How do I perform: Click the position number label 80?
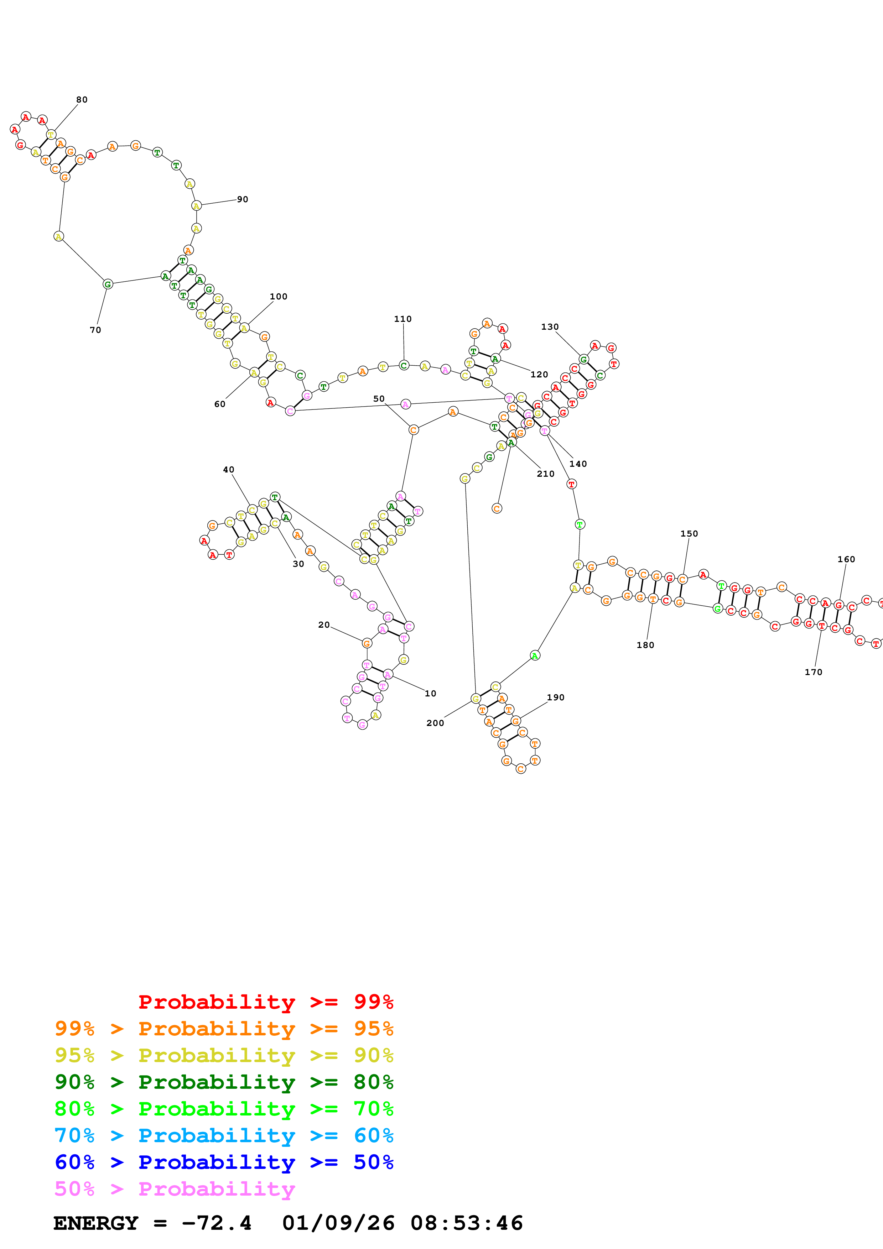82,100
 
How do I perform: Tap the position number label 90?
243,200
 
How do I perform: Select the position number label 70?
95,330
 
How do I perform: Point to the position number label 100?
279,297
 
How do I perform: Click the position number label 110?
402,319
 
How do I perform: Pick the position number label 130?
550,327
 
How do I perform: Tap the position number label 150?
689,534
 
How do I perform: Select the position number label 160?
846,559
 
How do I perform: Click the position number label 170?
813,672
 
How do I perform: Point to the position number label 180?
645,645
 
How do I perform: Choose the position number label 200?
435,723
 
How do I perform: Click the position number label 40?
229,470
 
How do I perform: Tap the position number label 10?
430,694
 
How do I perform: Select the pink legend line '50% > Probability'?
175,1188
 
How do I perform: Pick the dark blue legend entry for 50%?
224,1162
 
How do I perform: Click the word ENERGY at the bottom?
96,1223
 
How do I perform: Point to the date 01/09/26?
338,1223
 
